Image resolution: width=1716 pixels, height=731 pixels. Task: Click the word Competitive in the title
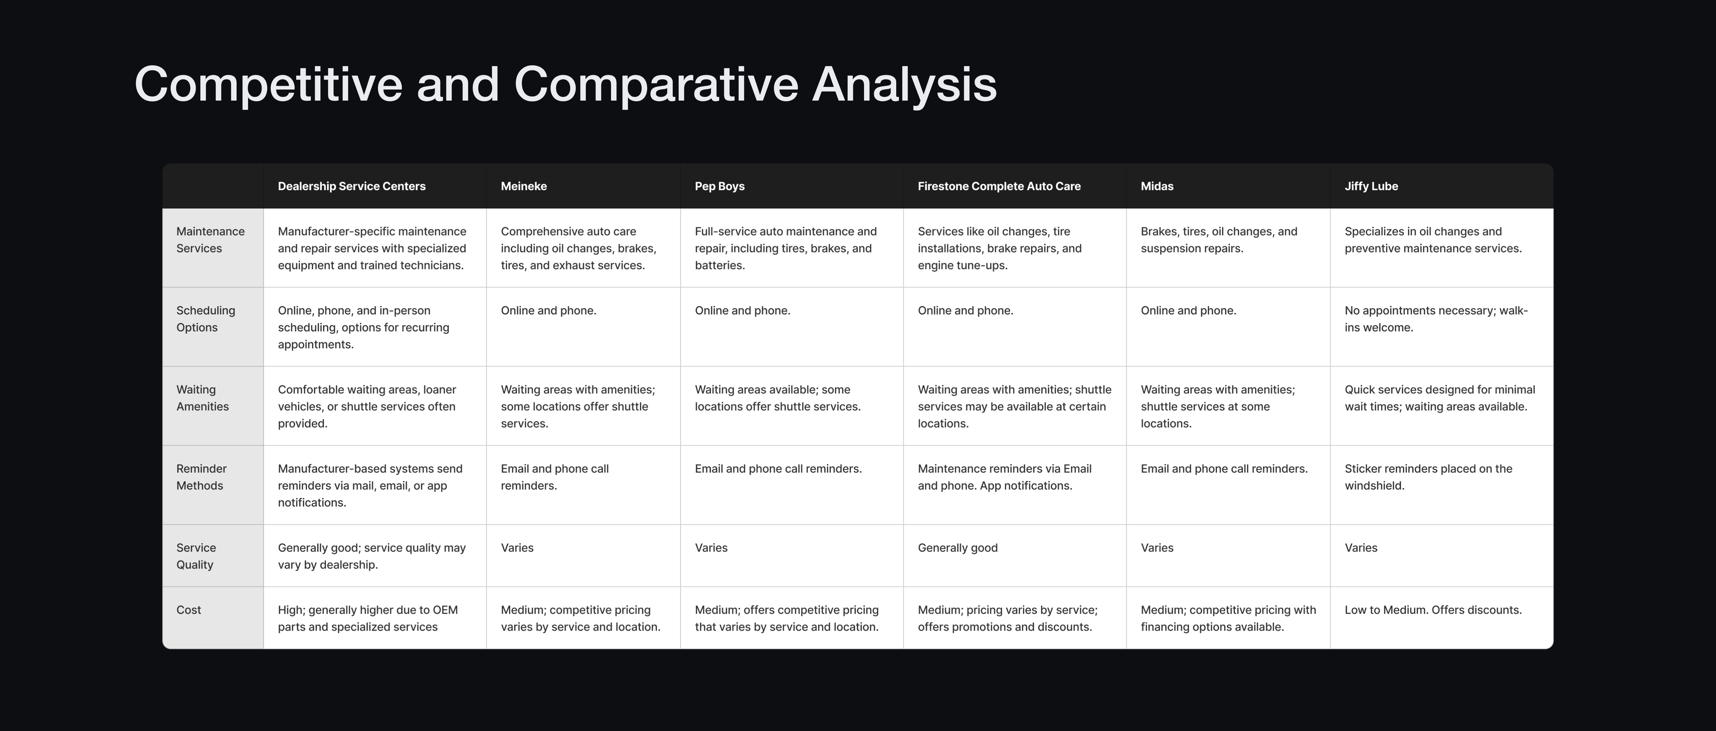(268, 85)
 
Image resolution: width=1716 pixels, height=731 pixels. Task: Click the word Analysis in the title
(904, 85)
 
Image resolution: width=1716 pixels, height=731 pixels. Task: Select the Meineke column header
(524, 186)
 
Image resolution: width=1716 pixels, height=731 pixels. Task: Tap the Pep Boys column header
(720, 186)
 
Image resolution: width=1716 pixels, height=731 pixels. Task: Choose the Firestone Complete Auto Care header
(999, 186)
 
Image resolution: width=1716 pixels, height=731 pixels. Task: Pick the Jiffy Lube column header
(1371, 186)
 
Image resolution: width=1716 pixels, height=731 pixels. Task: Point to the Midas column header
(1157, 186)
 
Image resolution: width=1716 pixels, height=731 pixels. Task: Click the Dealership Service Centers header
(352, 186)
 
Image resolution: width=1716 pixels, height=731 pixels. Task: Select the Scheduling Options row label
(206, 319)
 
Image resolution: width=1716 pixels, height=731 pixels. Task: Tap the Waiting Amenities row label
(202, 398)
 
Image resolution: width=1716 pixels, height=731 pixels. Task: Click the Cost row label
(188, 610)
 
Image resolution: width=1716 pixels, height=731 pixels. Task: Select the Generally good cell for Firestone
(957, 548)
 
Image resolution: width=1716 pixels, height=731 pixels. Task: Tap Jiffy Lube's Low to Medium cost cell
(1433, 610)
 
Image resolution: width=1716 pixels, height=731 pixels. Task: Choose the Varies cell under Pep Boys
(711, 548)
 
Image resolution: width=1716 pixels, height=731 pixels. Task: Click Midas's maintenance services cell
(1219, 240)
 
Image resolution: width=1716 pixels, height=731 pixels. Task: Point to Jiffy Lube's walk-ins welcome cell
(1436, 319)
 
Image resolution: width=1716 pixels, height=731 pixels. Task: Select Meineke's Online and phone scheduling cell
(548, 311)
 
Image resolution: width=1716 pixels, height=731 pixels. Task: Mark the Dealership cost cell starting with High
(368, 618)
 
